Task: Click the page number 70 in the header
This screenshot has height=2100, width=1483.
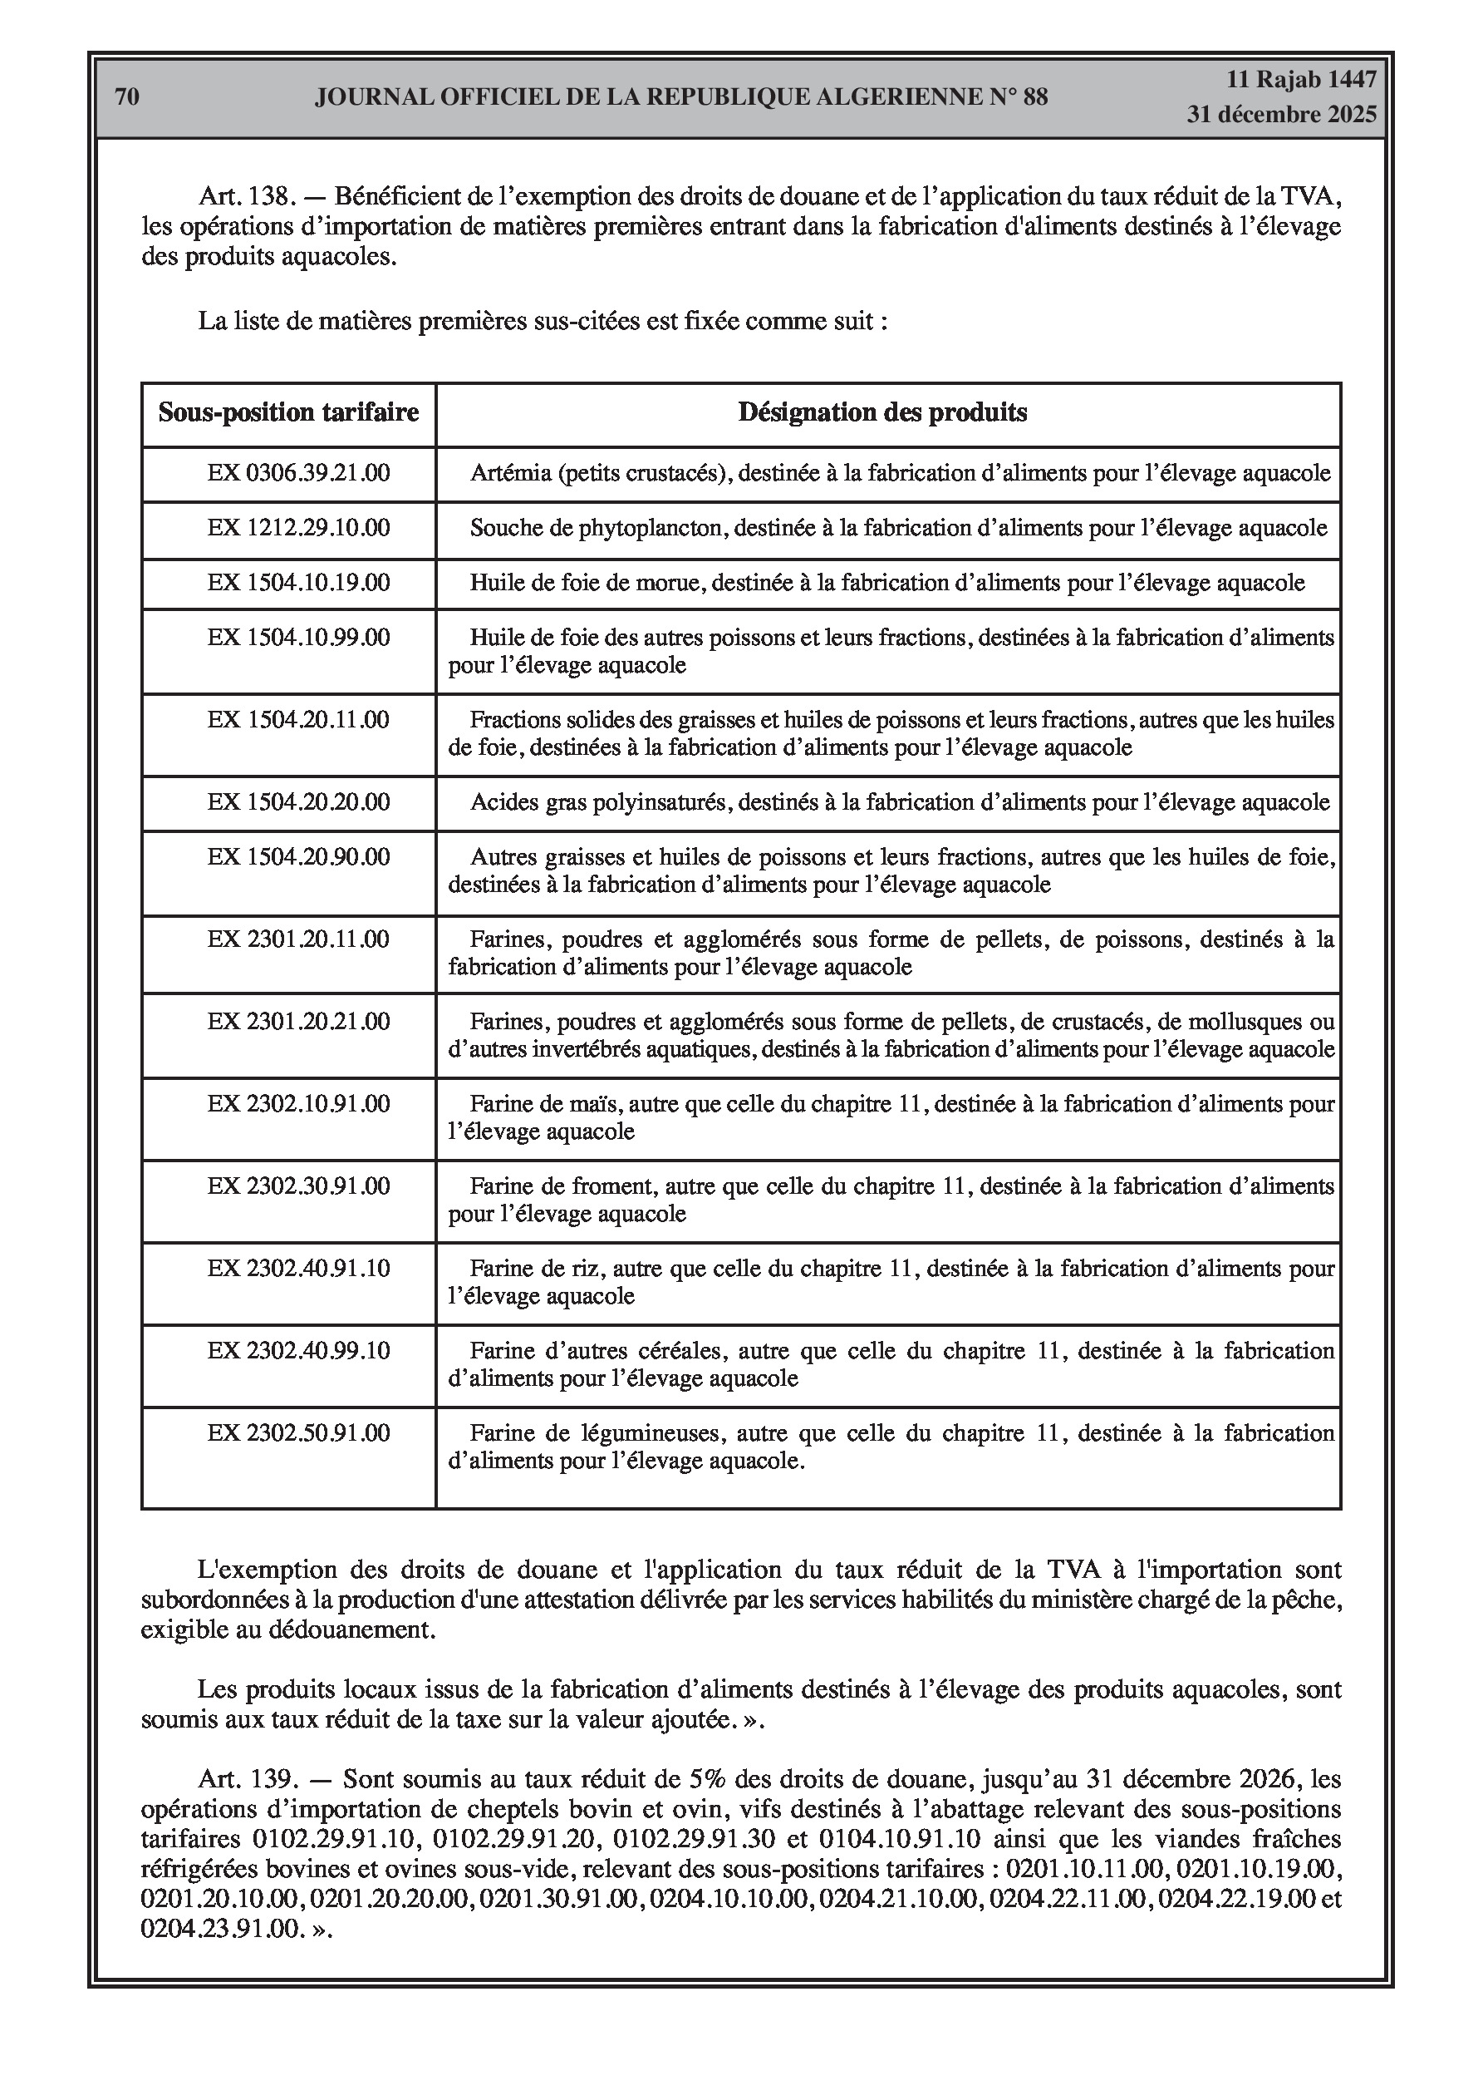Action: (127, 97)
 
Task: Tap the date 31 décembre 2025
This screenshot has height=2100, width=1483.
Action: (1281, 116)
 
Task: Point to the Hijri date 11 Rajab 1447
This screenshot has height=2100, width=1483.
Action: (1300, 80)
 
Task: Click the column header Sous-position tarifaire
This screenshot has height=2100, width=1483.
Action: (288, 412)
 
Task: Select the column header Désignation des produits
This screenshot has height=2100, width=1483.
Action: (882, 412)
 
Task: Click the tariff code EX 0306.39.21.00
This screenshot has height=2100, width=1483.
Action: (298, 473)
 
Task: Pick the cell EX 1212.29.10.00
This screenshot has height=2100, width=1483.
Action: (298, 528)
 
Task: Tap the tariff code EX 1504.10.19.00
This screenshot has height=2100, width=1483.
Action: (298, 583)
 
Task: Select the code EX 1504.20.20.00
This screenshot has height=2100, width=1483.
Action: (298, 802)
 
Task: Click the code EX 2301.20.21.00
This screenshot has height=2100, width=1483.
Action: (298, 1021)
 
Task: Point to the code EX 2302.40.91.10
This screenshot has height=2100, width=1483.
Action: (298, 1268)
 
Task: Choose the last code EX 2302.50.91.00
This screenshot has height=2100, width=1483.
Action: (298, 1432)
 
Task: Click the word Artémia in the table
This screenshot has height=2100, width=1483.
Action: (510, 473)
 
